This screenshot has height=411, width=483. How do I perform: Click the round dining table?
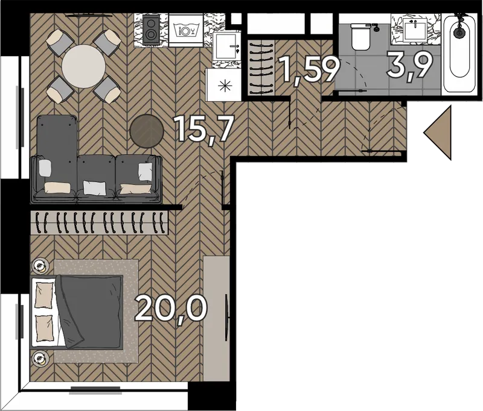[x=83, y=66]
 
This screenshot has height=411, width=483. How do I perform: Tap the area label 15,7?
[x=203, y=129]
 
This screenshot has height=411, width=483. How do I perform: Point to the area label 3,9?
[x=410, y=66]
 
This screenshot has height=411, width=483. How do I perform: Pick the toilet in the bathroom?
[x=360, y=37]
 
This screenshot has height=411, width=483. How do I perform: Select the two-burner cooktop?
[x=151, y=30]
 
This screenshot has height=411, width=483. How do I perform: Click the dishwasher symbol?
[x=185, y=30]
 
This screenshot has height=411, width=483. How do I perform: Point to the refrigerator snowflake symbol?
[x=225, y=86]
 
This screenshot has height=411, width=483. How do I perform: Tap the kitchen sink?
[x=227, y=47]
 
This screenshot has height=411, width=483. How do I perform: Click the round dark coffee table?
[x=147, y=131]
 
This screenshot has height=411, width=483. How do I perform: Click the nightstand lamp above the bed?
[x=40, y=265]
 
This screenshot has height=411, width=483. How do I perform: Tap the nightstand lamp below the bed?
[x=40, y=357]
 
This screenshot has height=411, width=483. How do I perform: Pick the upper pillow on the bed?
[x=44, y=295]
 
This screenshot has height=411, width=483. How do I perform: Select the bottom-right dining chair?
[x=107, y=90]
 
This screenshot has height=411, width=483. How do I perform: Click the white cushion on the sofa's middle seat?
[x=95, y=187]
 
